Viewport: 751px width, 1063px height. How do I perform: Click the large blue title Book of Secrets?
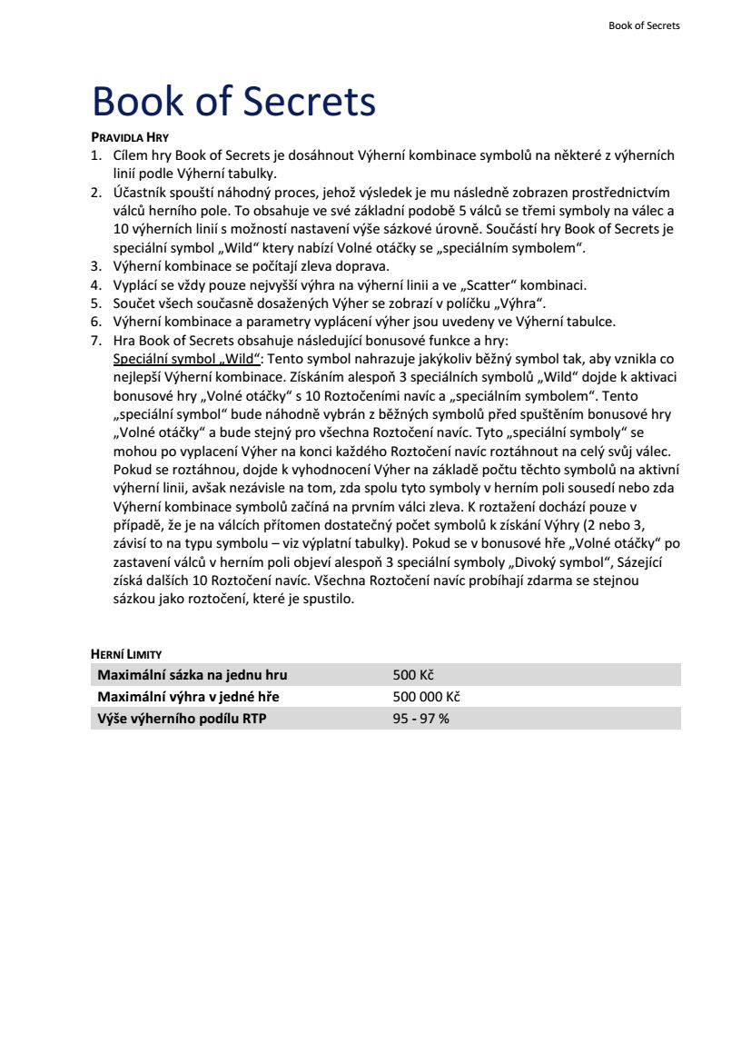233,102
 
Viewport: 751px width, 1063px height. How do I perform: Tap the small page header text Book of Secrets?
644,25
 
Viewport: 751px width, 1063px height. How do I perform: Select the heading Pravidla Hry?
130,137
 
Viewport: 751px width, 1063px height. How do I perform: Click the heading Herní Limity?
126,653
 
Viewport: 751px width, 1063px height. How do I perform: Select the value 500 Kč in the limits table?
413,675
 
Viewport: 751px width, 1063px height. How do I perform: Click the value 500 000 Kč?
427,697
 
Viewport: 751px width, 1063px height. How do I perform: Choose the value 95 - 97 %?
421,719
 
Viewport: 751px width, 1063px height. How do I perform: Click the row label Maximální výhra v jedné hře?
188,697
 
